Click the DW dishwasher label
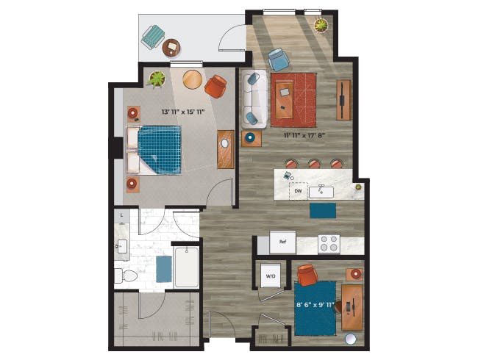click(298, 191)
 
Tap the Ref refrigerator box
click(282, 242)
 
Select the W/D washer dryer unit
click(271, 276)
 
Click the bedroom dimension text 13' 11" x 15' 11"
click(182, 112)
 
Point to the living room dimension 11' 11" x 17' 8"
click(303, 135)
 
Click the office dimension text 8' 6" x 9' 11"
click(315, 304)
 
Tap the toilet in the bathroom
click(126, 276)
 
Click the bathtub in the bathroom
click(187, 267)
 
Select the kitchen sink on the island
click(321, 192)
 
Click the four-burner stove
click(329, 244)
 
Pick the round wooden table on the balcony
click(171, 48)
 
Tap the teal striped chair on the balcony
click(153, 37)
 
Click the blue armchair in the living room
click(279, 60)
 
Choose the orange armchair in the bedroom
click(215, 87)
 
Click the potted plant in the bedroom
click(157, 79)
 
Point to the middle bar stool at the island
click(314, 164)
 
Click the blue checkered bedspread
click(160, 150)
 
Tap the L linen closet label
click(121, 215)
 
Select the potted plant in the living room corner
click(321, 25)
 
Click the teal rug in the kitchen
click(323, 211)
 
